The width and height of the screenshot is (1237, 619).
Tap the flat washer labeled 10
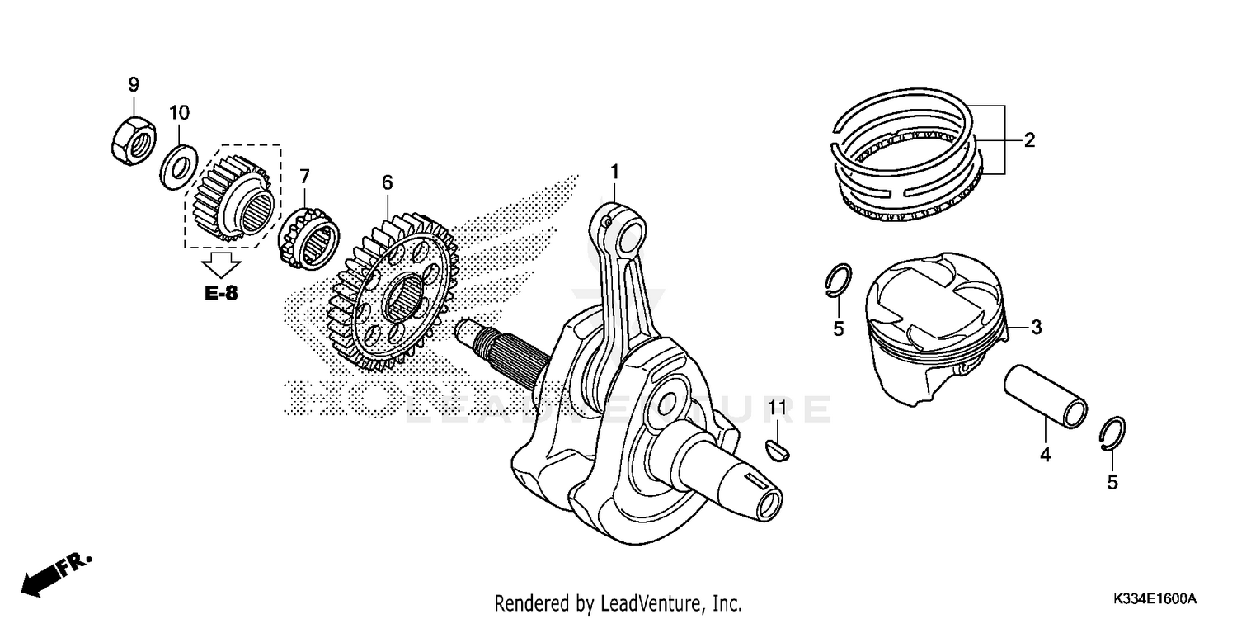[x=176, y=163]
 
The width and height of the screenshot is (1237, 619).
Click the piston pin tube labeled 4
[x=1045, y=395]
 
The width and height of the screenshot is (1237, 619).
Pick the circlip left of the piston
[x=837, y=281]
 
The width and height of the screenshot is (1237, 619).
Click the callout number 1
[x=614, y=171]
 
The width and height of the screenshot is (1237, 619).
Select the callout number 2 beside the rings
[x=1029, y=139]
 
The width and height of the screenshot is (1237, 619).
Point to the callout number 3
[x=1037, y=328]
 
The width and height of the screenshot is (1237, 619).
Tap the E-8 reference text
[x=221, y=293]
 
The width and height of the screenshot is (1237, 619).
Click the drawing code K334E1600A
[x=1155, y=598]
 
